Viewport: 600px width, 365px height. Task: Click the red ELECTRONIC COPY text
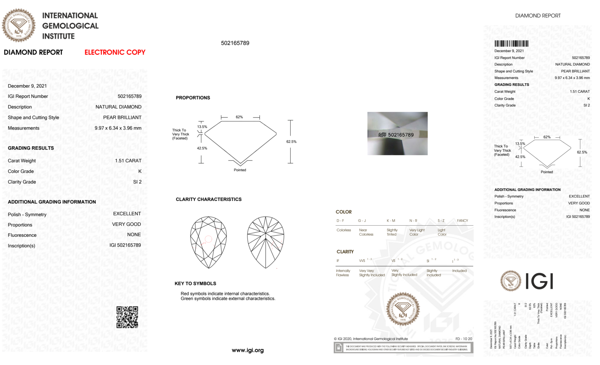coord(115,52)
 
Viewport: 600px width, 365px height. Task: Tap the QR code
coord(127,317)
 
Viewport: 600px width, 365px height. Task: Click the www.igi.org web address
coord(248,350)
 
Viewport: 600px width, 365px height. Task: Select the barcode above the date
coord(511,44)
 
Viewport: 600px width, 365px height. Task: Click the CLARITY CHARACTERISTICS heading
coord(208,199)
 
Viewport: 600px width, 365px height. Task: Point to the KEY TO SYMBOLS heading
coord(195,283)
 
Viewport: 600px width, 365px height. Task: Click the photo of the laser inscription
coord(397,133)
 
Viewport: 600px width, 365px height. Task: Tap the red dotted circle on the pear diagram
coord(208,239)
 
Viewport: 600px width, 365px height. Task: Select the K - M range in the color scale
coord(391,221)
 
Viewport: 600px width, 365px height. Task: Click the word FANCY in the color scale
coord(462,221)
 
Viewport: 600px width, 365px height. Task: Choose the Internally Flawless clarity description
coord(343,273)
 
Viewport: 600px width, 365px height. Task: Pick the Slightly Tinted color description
coord(392,232)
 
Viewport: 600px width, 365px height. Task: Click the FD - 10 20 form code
coord(464,339)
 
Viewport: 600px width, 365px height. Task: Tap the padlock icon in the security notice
coord(339,348)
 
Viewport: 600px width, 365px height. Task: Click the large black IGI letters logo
coord(539,281)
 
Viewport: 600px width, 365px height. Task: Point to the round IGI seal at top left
coord(19,25)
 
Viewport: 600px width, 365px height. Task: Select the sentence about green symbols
coord(228,299)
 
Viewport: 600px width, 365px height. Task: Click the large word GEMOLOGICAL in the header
coord(70,26)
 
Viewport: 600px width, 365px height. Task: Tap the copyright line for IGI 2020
coord(371,339)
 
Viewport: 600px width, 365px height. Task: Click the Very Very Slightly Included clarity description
coord(372,273)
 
